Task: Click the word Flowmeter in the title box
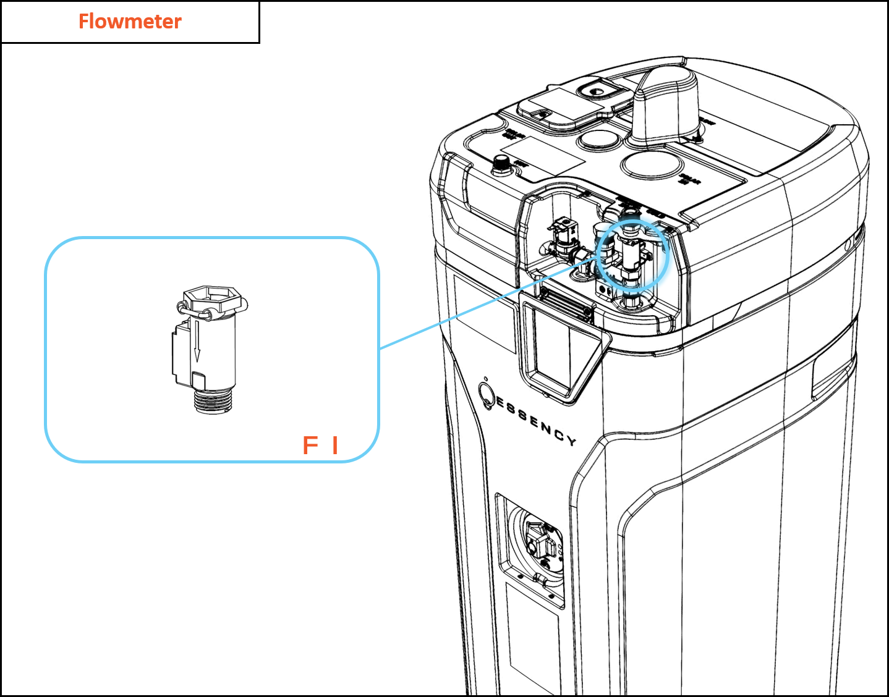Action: click(x=130, y=22)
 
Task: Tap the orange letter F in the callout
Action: click(x=310, y=445)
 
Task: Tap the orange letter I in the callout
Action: click(x=335, y=445)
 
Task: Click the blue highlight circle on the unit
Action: click(x=634, y=253)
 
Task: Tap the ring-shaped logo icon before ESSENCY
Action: click(x=487, y=394)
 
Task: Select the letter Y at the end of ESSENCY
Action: click(x=571, y=441)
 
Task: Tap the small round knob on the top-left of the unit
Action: click(x=501, y=164)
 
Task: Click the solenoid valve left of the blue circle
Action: click(x=564, y=238)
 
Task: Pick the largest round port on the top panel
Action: click(x=651, y=166)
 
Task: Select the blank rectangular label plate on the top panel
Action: click(x=543, y=154)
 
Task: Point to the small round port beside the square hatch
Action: click(x=597, y=140)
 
